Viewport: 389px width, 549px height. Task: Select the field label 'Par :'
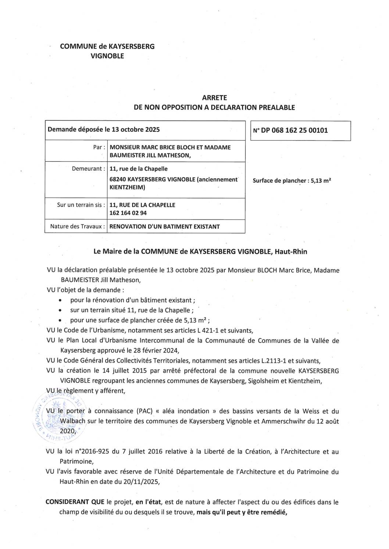pos(99,148)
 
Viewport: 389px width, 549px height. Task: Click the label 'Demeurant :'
pos(88,169)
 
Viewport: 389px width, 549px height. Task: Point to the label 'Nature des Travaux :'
pos(77,226)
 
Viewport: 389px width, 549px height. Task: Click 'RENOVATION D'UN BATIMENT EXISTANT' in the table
pos(165,227)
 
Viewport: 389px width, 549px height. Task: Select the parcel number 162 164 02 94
pos(128,213)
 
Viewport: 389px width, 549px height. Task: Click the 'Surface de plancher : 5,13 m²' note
pos(292,181)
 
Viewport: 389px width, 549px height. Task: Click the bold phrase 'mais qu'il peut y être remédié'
pos(241,512)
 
